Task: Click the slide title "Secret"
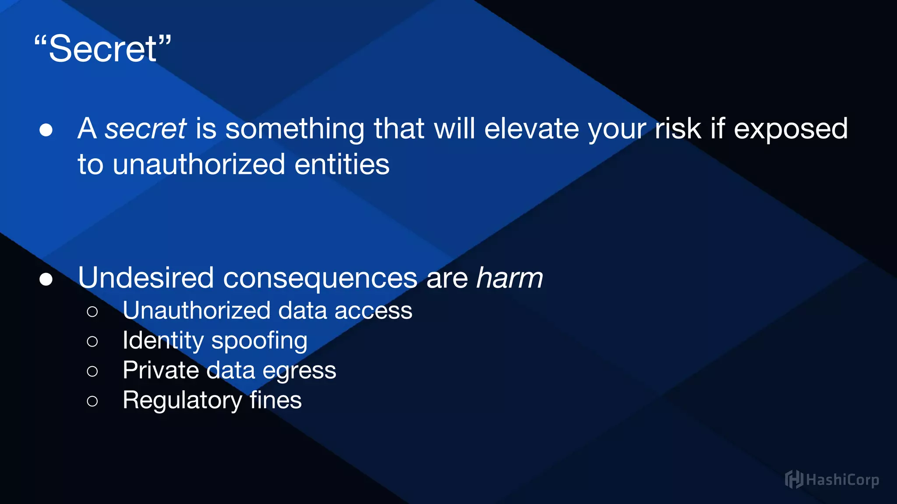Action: click(x=102, y=49)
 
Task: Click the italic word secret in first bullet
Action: click(x=145, y=129)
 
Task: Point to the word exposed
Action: click(x=791, y=129)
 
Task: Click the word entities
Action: click(x=342, y=164)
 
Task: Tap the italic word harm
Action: click(x=509, y=278)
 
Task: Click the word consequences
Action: click(x=320, y=279)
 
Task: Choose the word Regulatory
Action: click(x=182, y=400)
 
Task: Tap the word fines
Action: click(x=275, y=400)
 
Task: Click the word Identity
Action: click(x=163, y=341)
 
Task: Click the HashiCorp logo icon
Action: click(x=794, y=479)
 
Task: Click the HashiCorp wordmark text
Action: click(x=842, y=480)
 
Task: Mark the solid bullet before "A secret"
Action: click(x=46, y=130)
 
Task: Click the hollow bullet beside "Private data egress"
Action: click(x=92, y=371)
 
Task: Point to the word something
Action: click(x=295, y=129)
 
